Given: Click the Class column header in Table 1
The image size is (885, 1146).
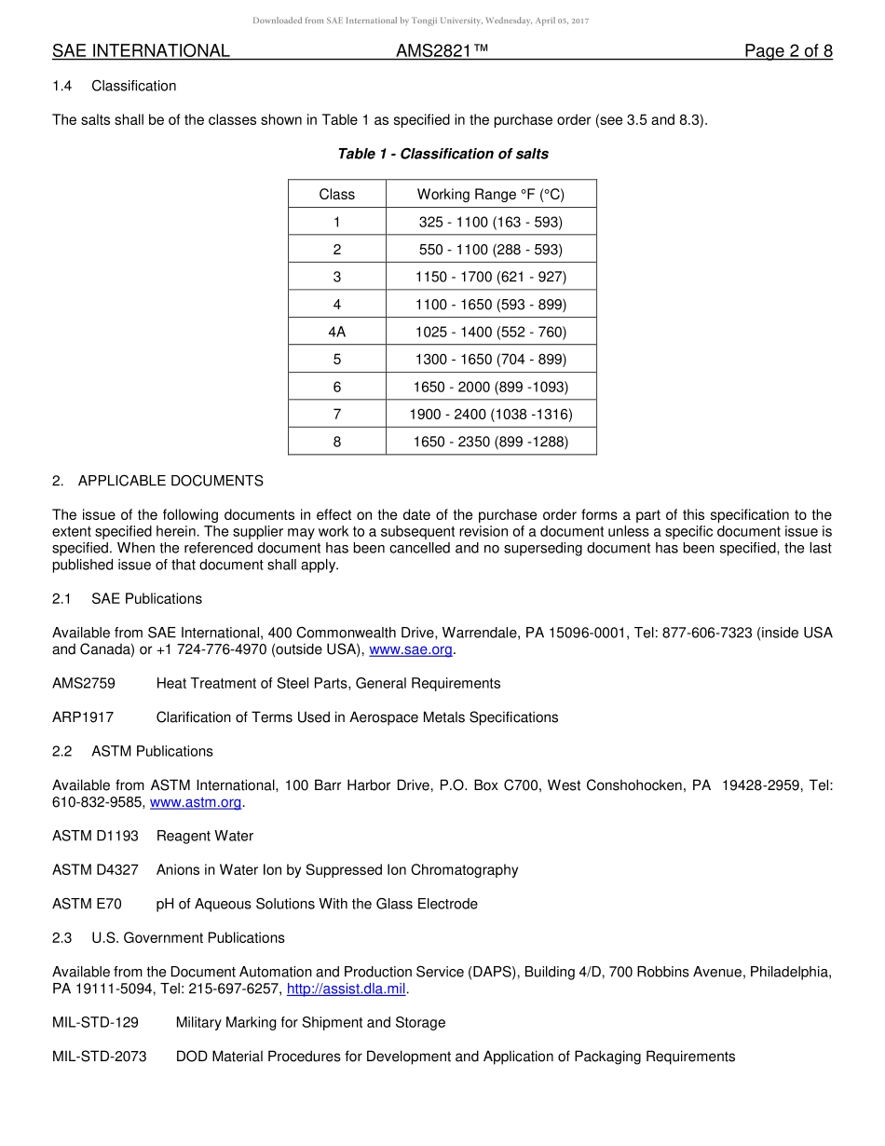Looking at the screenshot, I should (336, 195).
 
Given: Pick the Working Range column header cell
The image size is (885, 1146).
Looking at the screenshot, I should (490, 195).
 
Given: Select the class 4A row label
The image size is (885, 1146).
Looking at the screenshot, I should (336, 332).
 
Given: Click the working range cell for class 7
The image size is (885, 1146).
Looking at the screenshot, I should (490, 415).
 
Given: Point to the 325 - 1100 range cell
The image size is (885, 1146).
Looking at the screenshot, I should (490, 222).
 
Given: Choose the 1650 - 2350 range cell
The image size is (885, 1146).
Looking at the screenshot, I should (490, 442).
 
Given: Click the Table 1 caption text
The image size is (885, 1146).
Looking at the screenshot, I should (442, 154).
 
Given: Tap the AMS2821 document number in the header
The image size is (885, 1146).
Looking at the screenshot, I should (442, 51).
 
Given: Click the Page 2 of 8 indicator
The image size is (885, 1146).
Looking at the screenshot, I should (787, 51).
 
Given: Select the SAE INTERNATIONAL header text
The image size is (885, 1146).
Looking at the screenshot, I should (141, 51).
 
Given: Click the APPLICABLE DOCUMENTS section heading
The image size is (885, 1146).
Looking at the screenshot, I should (170, 481).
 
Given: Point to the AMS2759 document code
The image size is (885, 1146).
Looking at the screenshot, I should (84, 684).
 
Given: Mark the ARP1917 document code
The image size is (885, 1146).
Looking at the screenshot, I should (83, 717).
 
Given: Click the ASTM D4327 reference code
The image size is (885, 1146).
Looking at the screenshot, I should (95, 870).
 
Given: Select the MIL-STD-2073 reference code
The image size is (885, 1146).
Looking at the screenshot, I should (100, 1057).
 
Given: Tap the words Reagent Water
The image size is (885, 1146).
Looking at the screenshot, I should (205, 837).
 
